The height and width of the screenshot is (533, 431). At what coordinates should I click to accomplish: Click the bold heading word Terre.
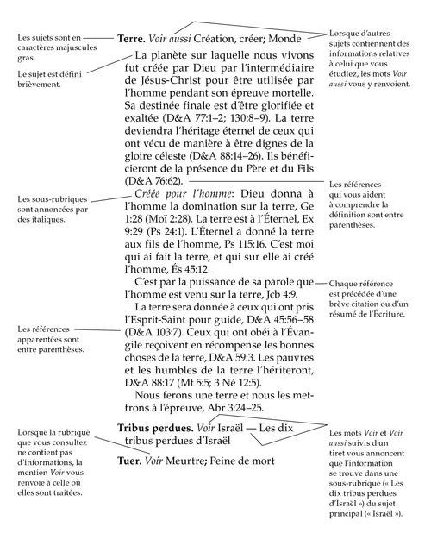pyautogui.click(x=135, y=39)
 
